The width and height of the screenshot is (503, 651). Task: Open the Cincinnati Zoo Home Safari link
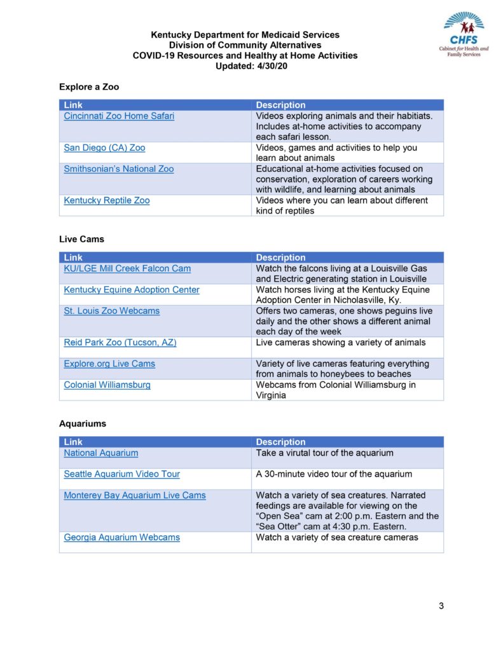[119, 116]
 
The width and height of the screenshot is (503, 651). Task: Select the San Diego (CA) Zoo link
[104, 148]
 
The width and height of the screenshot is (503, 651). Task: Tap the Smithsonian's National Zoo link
[118, 169]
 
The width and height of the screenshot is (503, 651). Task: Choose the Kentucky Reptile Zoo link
[107, 201]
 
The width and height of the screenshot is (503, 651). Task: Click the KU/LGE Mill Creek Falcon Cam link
[127, 269]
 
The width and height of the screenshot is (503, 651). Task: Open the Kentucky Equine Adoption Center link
[132, 290]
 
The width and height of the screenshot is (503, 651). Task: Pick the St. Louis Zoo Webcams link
[112, 311]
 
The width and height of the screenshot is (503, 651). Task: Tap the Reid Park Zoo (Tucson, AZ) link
[120, 343]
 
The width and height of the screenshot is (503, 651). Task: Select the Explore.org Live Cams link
[109, 364]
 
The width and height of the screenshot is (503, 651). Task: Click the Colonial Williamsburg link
[107, 385]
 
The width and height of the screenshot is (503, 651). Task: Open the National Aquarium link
[101, 453]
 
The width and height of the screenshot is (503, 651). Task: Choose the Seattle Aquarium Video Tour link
[121, 474]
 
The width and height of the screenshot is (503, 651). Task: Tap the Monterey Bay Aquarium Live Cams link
[135, 495]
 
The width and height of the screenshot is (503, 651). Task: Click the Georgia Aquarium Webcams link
[121, 538]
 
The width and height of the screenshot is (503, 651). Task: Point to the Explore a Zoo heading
[89, 86]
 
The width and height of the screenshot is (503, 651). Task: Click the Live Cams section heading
[81, 239]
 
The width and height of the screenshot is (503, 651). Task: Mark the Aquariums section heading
[83, 423]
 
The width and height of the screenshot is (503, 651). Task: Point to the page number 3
[441, 606]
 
